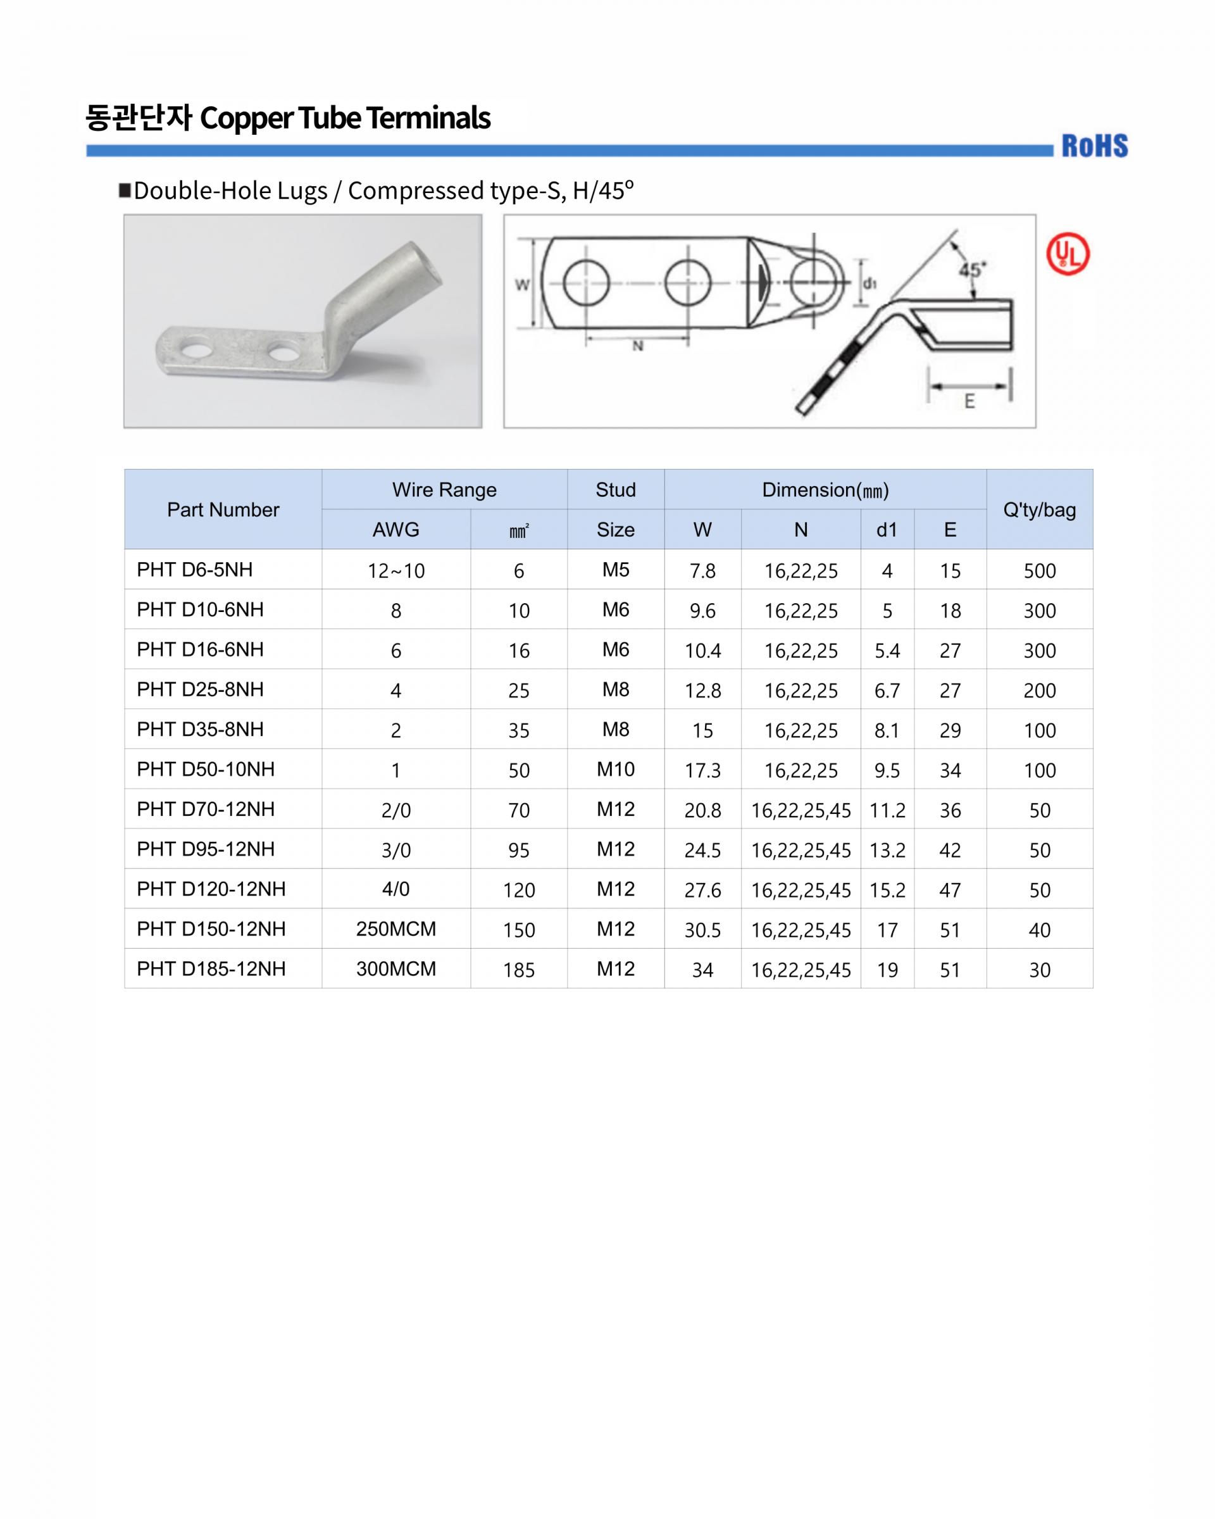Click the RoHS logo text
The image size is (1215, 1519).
[x=1095, y=146]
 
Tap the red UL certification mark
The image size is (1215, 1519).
[x=1068, y=254]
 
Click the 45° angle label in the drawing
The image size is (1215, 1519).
[x=973, y=270]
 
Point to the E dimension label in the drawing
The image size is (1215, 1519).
[x=970, y=402]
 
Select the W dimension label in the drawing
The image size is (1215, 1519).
[x=522, y=285]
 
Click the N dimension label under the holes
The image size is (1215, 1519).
[x=637, y=346]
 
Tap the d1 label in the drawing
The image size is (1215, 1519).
[x=870, y=283]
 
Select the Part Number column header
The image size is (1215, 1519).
[x=223, y=509]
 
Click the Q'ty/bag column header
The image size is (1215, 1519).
[x=1040, y=510]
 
